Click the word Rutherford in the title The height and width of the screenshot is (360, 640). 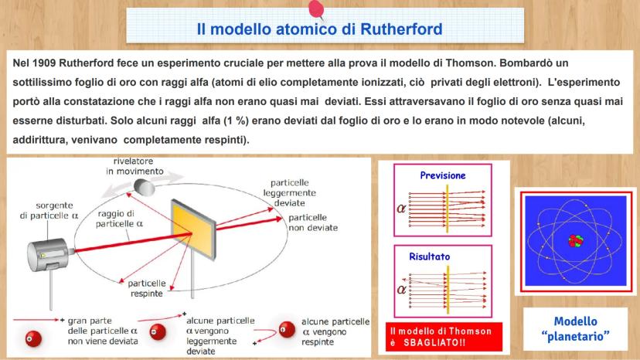pyautogui.click(x=401, y=29)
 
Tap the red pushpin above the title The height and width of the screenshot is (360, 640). pyautogui.click(x=316, y=9)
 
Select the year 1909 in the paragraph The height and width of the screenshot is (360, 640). pyautogui.click(x=44, y=63)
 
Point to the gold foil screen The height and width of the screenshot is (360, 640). pyautogui.click(x=193, y=229)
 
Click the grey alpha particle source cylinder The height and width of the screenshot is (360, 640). pyautogui.click(x=48, y=255)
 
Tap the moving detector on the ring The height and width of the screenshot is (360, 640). pyautogui.click(x=145, y=188)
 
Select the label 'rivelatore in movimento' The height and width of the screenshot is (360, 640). pyautogui.click(x=134, y=166)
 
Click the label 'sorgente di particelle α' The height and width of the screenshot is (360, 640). pyautogui.click(x=49, y=210)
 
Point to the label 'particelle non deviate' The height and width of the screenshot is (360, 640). pyautogui.click(x=313, y=222)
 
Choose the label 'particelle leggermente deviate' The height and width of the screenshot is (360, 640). pyautogui.click(x=289, y=192)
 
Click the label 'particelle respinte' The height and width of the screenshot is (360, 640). pyautogui.click(x=147, y=288)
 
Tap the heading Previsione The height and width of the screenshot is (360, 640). pyautogui.click(x=443, y=175)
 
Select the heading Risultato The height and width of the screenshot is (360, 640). pyautogui.click(x=430, y=256)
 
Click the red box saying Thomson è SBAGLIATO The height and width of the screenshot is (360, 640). pyautogui.click(x=444, y=337)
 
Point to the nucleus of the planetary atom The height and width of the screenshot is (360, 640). pyautogui.click(x=576, y=241)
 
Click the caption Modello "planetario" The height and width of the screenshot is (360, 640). pyautogui.click(x=576, y=329)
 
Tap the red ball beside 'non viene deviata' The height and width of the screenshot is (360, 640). pyautogui.click(x=33, y=339)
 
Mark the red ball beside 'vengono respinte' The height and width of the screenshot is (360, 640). pyautogui.click(x=287, y=329)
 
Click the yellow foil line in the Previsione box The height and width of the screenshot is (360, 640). pyautogui.click(x=448, y=209)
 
